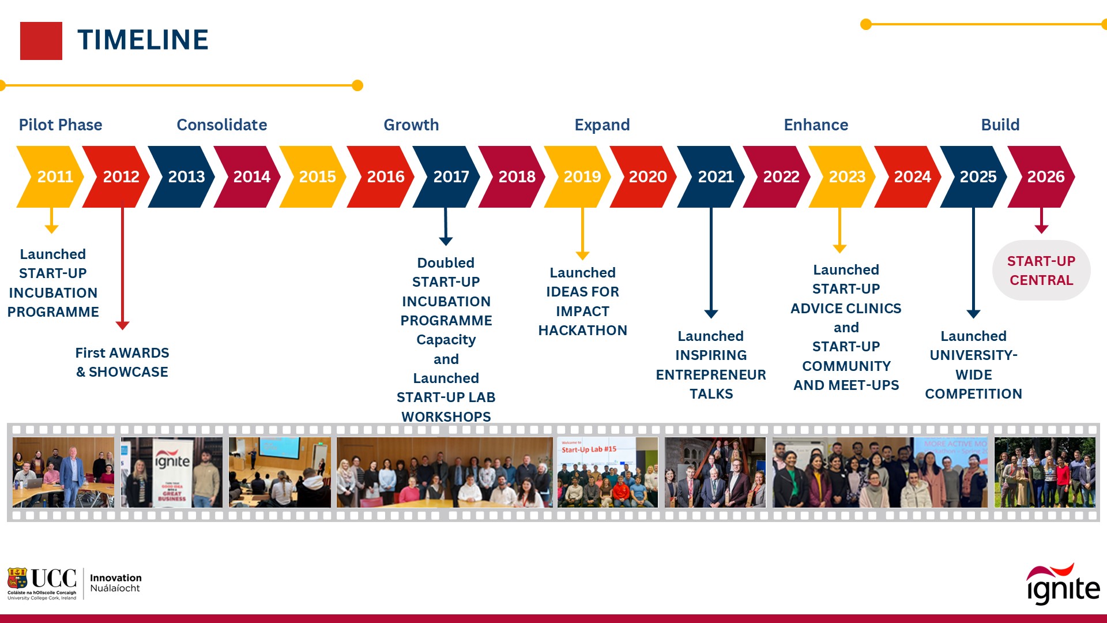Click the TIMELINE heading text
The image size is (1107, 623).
pyautogui.click(x=143, y=40)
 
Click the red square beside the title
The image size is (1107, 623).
pyautogui.click(x=41, y=41)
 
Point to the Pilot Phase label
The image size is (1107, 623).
pyautogui.click(x=61, y=125)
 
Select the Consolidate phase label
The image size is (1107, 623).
pyautogui.click(x=222, y=125)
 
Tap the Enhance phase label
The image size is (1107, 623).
pyautogui.click(x=816, y=125)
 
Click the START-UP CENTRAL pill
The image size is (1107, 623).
pyautogui.click(x=1041, y=271)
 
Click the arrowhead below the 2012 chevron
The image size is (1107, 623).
pyautogui.click(x=122, y=325)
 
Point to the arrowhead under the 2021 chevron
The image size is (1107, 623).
pyautogui.click(x=711, y=314)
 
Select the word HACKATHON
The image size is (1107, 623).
pyautogui.click(x=582, y=331)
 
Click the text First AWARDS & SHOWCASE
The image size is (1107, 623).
pyautogui.click(x=122, y=362)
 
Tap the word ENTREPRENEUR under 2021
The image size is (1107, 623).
pyautogui.click(x=711, y=375)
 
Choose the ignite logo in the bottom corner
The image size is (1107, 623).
pyautogui.click(x=1063, y=584)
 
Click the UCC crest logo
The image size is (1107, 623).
pyautogui.click(x=17, y=578)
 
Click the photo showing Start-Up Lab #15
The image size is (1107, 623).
pyautogui.click(x=607, y=472)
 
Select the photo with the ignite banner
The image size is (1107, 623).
pyautogui.click(x=172, y=472)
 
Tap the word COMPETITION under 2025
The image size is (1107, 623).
pyautogui.click(x=973, y=394)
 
